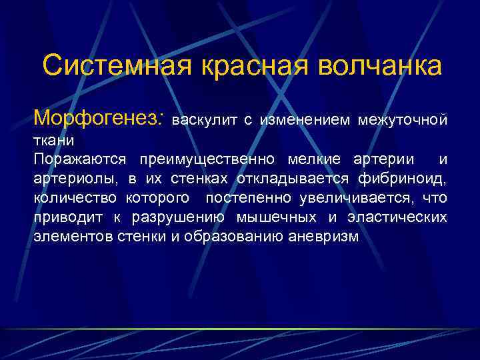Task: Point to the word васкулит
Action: [204, 121]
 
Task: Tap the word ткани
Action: [54, 141]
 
